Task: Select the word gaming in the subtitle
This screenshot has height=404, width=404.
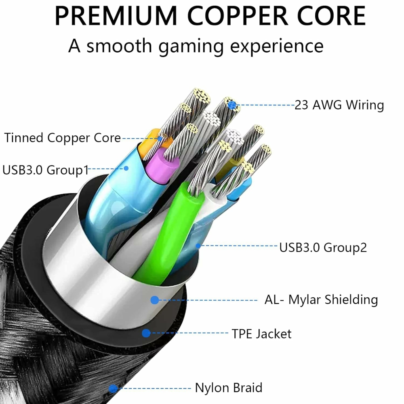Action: point(191,46)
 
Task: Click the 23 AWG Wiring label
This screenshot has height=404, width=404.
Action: point(339,105)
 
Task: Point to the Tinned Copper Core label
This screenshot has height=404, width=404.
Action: point(63,138)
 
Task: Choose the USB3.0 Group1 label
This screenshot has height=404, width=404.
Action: point(45,170)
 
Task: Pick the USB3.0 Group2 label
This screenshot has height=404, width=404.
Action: point(323,247)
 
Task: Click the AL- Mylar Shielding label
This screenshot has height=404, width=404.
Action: point(321,300)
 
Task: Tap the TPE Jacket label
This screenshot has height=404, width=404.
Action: point(261,334)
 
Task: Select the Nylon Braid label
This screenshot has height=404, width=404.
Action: point(229,388)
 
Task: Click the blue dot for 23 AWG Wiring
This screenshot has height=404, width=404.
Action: point(231,105)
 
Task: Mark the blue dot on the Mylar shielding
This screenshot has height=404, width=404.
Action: point(154,300)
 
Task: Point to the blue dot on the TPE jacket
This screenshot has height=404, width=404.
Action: point(146,333)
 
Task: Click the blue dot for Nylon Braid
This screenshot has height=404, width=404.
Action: point(114,389)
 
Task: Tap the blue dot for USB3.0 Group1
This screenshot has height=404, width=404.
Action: point(126,168)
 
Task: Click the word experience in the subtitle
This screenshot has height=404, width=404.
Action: point(277,46)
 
